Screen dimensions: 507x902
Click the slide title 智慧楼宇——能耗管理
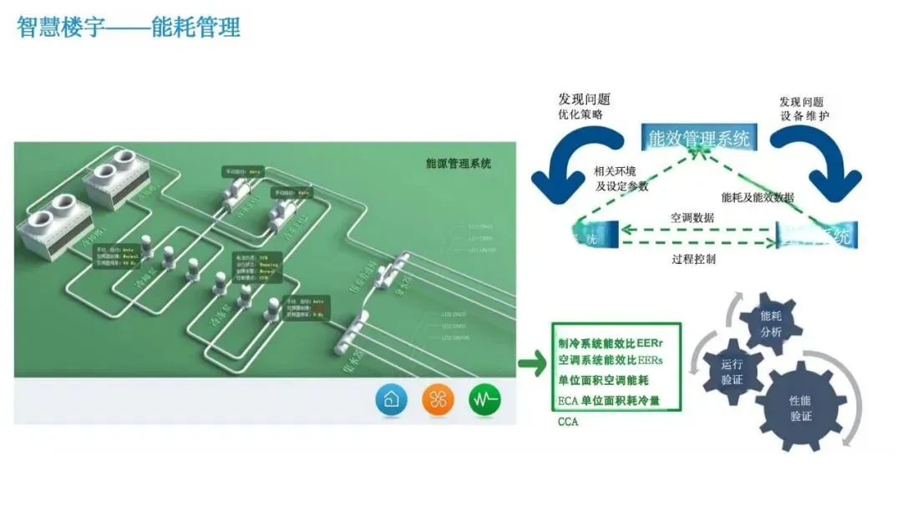pos(129,27)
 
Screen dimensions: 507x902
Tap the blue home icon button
pos(391,400)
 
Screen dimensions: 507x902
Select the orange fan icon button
pos(438,400)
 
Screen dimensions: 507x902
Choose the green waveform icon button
pos(484,400)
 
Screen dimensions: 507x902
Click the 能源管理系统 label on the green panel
pos(459,164)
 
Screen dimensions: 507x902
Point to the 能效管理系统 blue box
pos(699,138)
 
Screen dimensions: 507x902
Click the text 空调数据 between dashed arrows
pos(692,217)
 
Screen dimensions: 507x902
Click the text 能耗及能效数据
pos(758,197)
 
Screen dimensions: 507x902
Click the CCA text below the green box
pos(568,422)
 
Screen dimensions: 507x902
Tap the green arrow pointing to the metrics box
pos(531,363)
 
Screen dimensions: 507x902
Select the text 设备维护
pos(804,115)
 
